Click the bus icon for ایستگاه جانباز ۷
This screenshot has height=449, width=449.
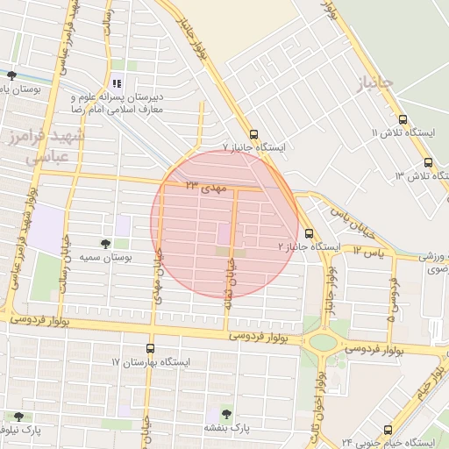(253, 135)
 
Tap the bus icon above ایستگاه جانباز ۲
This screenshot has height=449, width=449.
(308, 233)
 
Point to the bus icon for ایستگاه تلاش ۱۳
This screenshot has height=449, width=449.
(428, 162)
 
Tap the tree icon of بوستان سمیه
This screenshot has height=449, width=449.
(106, 244)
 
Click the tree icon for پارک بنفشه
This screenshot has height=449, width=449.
(226, 413)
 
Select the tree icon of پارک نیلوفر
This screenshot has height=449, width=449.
(18, 417)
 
